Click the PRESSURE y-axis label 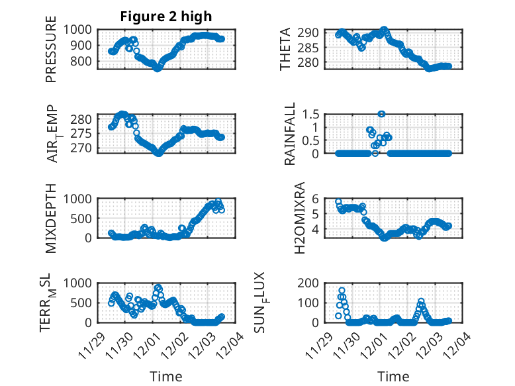pyautogui.click(x=51, y=54)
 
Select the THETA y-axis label pyautogui.click(x=285, y=49)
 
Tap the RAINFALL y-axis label pyautogui.click(x=290, y=134)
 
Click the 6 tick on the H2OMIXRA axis pyautogui.click(x=317, y=199)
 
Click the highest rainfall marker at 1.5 pyautogui.click(x=381, y=114)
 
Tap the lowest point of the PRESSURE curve pyautogui.click(x=158, y=68)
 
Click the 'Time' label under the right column pyautogui.click(x=393, y=377)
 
